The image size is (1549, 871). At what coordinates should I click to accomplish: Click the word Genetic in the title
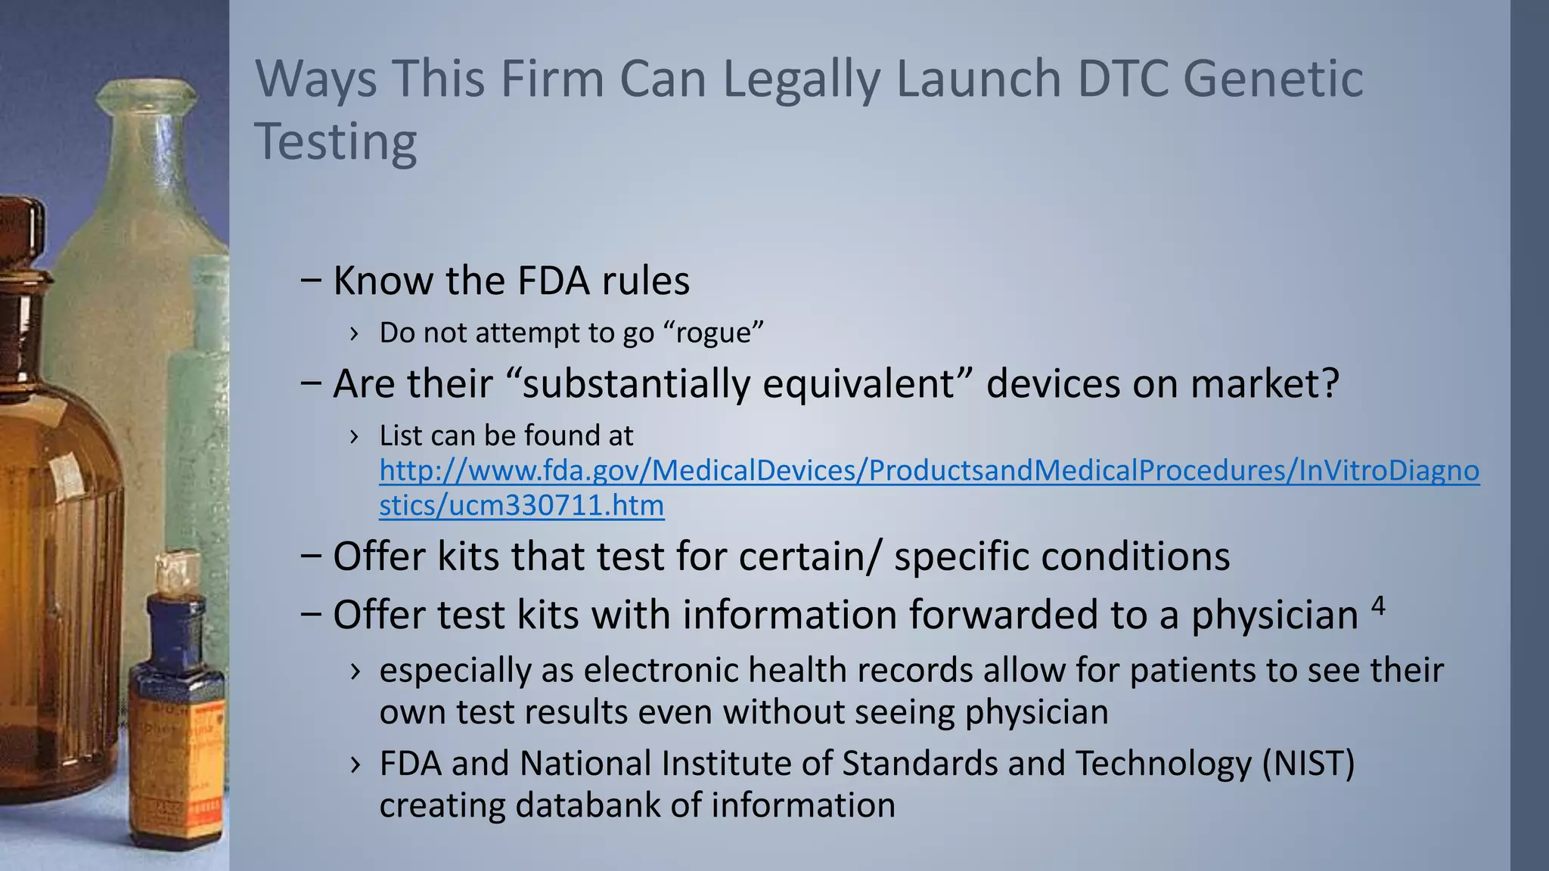click(1272, 79)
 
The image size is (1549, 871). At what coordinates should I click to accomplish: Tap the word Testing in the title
click(336, 142)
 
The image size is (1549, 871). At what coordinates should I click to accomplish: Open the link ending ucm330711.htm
click(522, 505)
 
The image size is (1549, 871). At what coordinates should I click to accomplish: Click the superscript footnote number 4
click(1378, 605)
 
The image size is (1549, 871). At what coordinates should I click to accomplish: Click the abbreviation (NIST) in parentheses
click(1308, 763)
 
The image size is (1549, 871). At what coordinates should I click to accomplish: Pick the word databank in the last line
click(587, 804)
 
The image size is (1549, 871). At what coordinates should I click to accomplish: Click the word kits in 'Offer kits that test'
click(470, 556)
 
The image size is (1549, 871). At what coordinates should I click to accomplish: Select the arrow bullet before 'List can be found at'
click(354, 436)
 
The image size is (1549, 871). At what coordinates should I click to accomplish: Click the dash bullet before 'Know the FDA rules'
click(310, 281)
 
